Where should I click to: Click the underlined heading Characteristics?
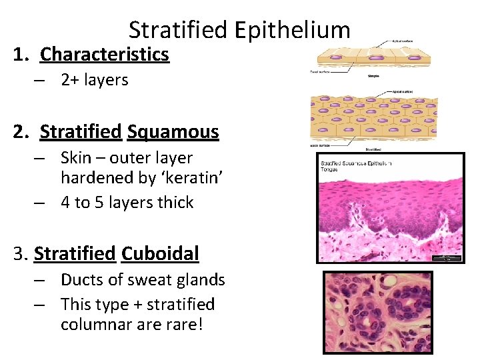coord(105,54)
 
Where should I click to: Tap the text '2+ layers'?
coord(94,80)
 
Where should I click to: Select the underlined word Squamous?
coord(173,132)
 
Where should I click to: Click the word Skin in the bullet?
coord(76,158)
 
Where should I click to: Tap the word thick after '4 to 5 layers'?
coord(175,203)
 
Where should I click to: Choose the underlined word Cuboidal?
coord(160,254)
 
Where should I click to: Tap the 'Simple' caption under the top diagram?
coord(373,77)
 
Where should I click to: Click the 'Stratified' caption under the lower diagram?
coord(373,149)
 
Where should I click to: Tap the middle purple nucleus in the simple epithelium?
coord(373,58)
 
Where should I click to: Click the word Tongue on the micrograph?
coord(331,170)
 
